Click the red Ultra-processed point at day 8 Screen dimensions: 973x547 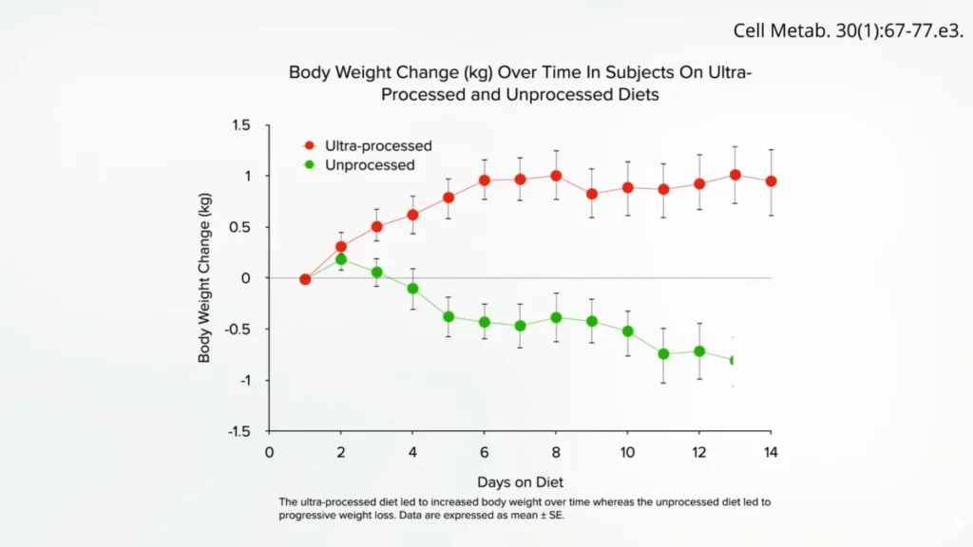point(556,176)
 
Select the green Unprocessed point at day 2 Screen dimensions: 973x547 point(341,259)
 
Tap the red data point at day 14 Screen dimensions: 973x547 point(772,181)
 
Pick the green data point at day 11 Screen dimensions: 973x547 point(663,354)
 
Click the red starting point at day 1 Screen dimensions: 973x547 point(305,280)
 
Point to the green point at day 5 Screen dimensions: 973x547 point(448,317)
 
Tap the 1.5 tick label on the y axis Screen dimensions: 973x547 point(240,125)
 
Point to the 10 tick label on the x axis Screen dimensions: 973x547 point(627,453)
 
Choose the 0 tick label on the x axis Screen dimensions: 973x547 point(269,453)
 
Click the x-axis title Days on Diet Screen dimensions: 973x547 point(520,481)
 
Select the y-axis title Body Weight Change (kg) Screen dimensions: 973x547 point(204,278)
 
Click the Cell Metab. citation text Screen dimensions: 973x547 point(849,30)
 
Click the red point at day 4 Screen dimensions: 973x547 point(412,216)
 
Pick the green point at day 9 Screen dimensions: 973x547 point(592,321)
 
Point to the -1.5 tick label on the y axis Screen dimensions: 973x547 point(238,432)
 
